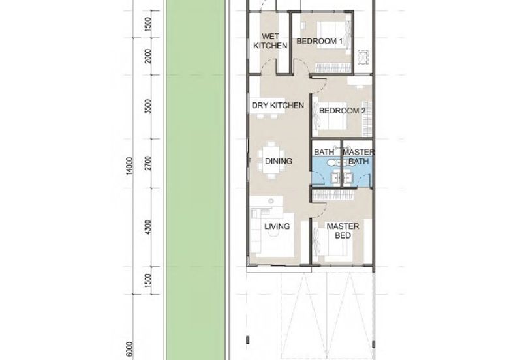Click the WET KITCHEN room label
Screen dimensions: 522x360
(270, 41)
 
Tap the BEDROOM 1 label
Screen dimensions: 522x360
(319, 41)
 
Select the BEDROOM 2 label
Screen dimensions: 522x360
(342, 110)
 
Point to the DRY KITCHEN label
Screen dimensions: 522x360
(278, 106)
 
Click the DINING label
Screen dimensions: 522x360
(279, 161)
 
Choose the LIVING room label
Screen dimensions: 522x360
(277, 226)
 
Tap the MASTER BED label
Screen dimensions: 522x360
(343, 231)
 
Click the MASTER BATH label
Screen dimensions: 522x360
(358, 157)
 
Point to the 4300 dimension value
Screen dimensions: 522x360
(148, 226)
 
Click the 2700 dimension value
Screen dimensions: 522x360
(148, 163)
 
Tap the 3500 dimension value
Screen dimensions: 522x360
(148, 106)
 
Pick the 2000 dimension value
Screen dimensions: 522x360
(148, 56)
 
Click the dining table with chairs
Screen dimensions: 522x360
(271, 160)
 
